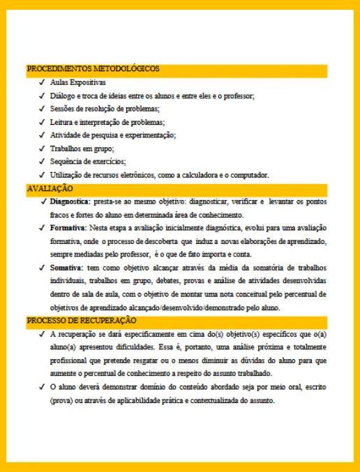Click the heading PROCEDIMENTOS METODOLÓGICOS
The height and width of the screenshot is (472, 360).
click(93, 69)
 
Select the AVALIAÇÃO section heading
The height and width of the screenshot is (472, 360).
click(50, 188)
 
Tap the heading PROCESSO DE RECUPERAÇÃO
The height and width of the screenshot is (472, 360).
click(81, 320)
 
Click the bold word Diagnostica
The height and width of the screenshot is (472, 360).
click(70, 201)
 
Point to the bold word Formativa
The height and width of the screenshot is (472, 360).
click(68, 228)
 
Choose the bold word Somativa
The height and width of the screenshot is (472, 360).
click(67, 268)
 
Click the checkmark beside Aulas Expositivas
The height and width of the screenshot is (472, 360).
click(43, 82)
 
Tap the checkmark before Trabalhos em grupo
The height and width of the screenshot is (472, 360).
click(43, 149)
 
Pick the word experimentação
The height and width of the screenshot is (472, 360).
click(152, 135)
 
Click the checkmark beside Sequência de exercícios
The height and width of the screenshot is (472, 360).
click(43, 162)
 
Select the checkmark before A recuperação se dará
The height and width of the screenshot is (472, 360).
click(43, 334)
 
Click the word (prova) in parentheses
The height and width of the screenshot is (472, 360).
click(61, 400)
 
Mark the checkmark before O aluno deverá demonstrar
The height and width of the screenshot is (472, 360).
click(43, 387)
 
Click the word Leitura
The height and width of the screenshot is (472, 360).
click(61, 122)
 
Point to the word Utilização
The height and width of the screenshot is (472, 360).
click(66, 175)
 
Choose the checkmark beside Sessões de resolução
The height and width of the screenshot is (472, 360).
click(43, 109)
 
